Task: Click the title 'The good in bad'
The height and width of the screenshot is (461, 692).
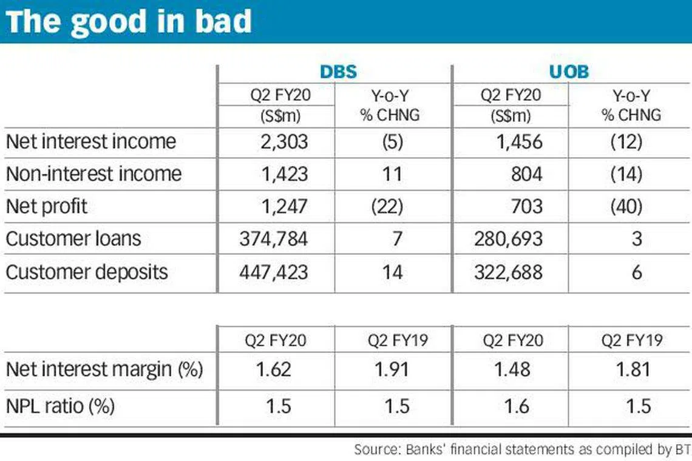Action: (x=129, y=22)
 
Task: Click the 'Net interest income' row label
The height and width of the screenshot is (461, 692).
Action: (x=90, y=142)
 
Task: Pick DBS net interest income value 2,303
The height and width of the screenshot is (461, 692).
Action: (x=282, y=142)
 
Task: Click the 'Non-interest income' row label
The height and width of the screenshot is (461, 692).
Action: (x=93, y=174)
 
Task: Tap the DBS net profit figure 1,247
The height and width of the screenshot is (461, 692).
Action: (x=282, y=206)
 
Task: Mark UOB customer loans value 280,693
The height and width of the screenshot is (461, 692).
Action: (x=508, y=238)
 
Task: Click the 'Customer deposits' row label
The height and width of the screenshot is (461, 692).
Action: (x=87, y=271)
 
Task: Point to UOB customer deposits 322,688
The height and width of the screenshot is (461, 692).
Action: (x=508, y=271)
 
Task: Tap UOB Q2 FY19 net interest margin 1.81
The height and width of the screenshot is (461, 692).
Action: (x=631, y=369)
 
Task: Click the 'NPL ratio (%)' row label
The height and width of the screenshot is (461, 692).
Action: (x=60, y=405)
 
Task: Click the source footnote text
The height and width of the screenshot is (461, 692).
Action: (x=521, y=449)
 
